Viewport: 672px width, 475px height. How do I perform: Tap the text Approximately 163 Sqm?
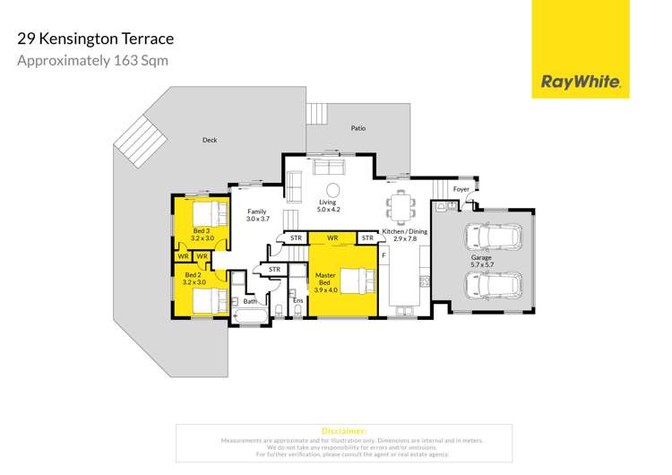[93, 61]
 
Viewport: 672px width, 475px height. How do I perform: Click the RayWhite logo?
[581, 82]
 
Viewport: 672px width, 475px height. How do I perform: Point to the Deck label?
[210, 140]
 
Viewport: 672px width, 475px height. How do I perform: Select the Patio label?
[358, 129]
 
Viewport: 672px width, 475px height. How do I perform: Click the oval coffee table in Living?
[332, 189]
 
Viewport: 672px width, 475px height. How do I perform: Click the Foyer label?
[461, 189]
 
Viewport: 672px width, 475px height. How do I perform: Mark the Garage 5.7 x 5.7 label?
[482, 261]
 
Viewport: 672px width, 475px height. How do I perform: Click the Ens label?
[298, 302]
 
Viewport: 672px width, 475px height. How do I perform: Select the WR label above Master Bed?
[332, 237]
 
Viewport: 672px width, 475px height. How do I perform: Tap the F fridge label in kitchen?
[383, 256]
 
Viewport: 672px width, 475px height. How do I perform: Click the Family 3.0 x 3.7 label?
[257, 215]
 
